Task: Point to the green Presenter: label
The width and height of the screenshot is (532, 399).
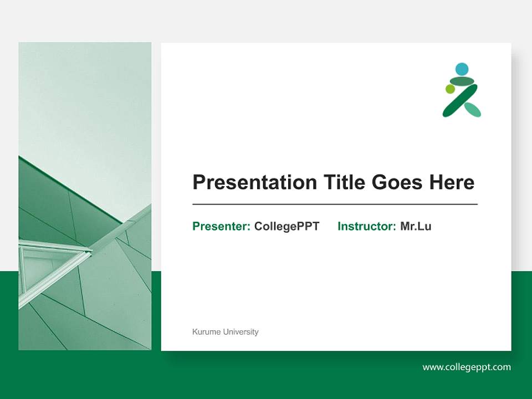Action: coord(221,226)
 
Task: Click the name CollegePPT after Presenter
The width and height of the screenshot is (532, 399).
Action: coord(287,226)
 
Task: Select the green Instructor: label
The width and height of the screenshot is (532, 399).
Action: coord(366,226)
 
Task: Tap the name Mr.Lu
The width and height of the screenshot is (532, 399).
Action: coord(416,226)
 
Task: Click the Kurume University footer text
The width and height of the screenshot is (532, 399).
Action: coord(225,332)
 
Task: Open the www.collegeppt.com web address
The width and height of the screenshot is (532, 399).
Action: coord(467,367)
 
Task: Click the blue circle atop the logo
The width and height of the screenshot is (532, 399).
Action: coord(462,69)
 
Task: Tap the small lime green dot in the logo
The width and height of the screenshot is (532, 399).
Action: coord(450,89)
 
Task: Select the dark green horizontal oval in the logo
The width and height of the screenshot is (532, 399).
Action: coord(462,81)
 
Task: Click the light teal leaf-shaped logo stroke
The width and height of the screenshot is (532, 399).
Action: coord(473,110)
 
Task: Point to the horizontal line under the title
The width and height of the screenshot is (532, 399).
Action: coord(335,204)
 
